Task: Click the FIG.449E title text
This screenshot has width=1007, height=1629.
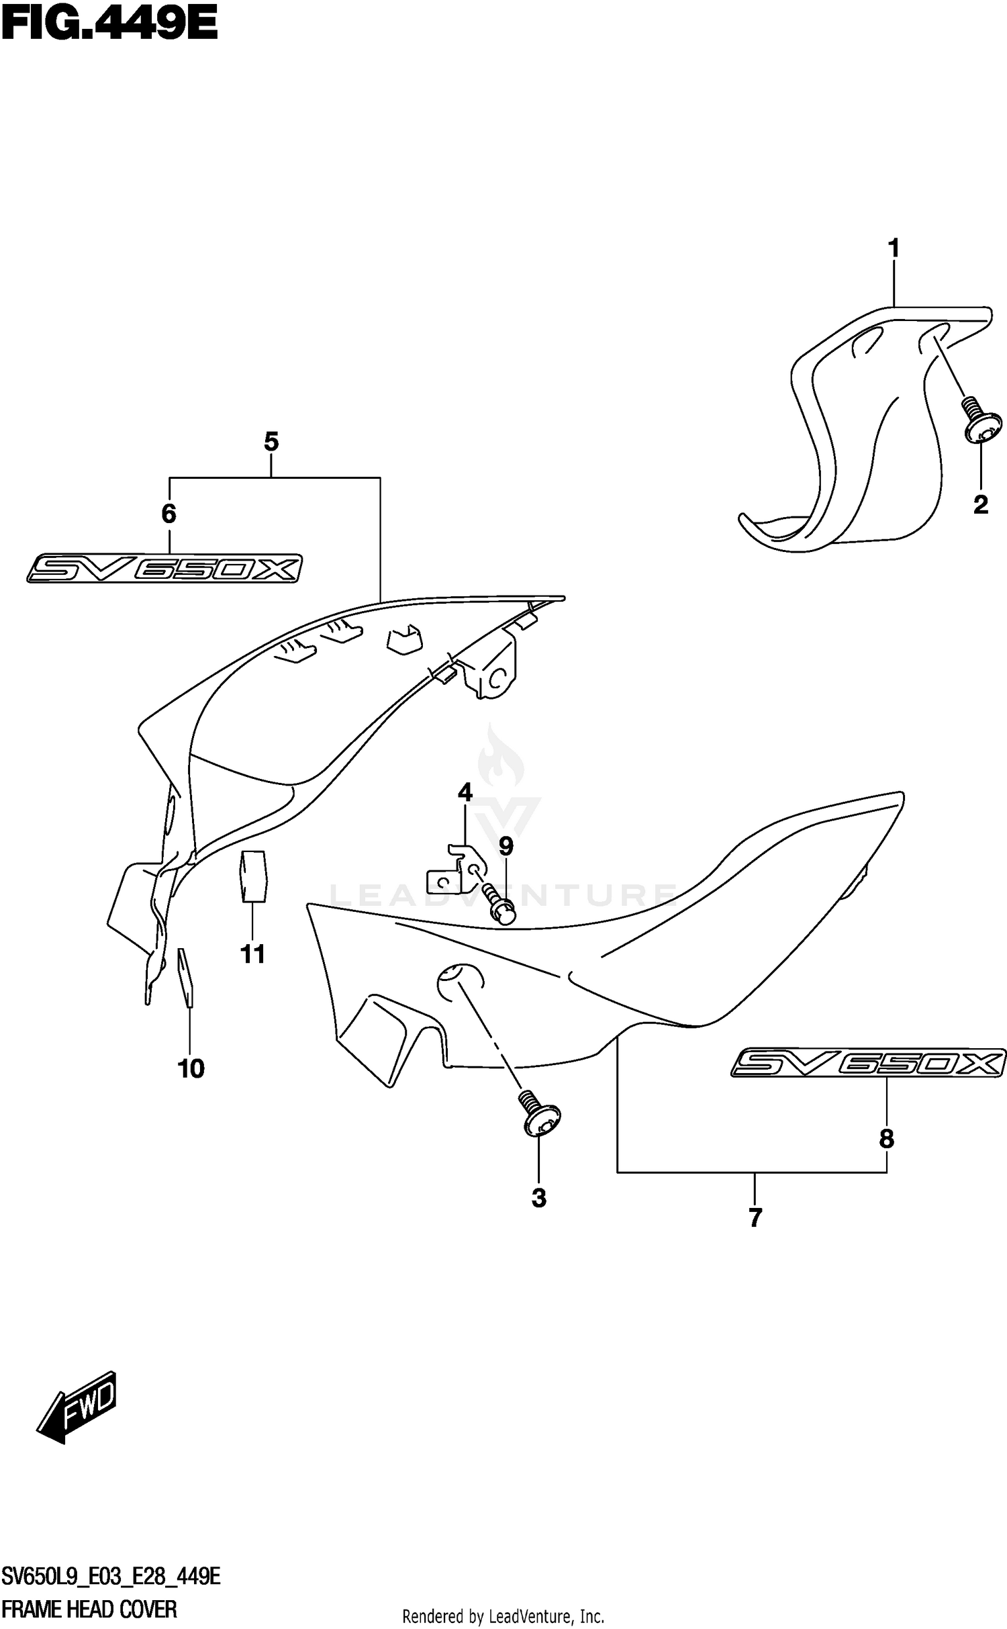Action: (x=109, y=26)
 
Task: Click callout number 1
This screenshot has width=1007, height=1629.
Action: (x=894, y=248)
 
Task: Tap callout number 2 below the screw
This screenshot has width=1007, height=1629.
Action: (x=980, y=504)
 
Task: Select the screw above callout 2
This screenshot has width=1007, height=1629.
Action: (x=982, y=421)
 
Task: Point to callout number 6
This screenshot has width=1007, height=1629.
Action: (x=169, y=514)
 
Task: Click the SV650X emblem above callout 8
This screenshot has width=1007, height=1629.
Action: (x=868, y=1062)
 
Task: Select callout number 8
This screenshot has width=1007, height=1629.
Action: (x=886, y=1138)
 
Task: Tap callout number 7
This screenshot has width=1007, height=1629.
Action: (x=755, y=1217)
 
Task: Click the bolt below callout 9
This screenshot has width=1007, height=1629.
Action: (x=499, y=903)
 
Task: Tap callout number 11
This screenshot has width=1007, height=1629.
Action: (x=253, y=953)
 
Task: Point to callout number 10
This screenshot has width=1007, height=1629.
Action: (x=191, y=1068)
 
